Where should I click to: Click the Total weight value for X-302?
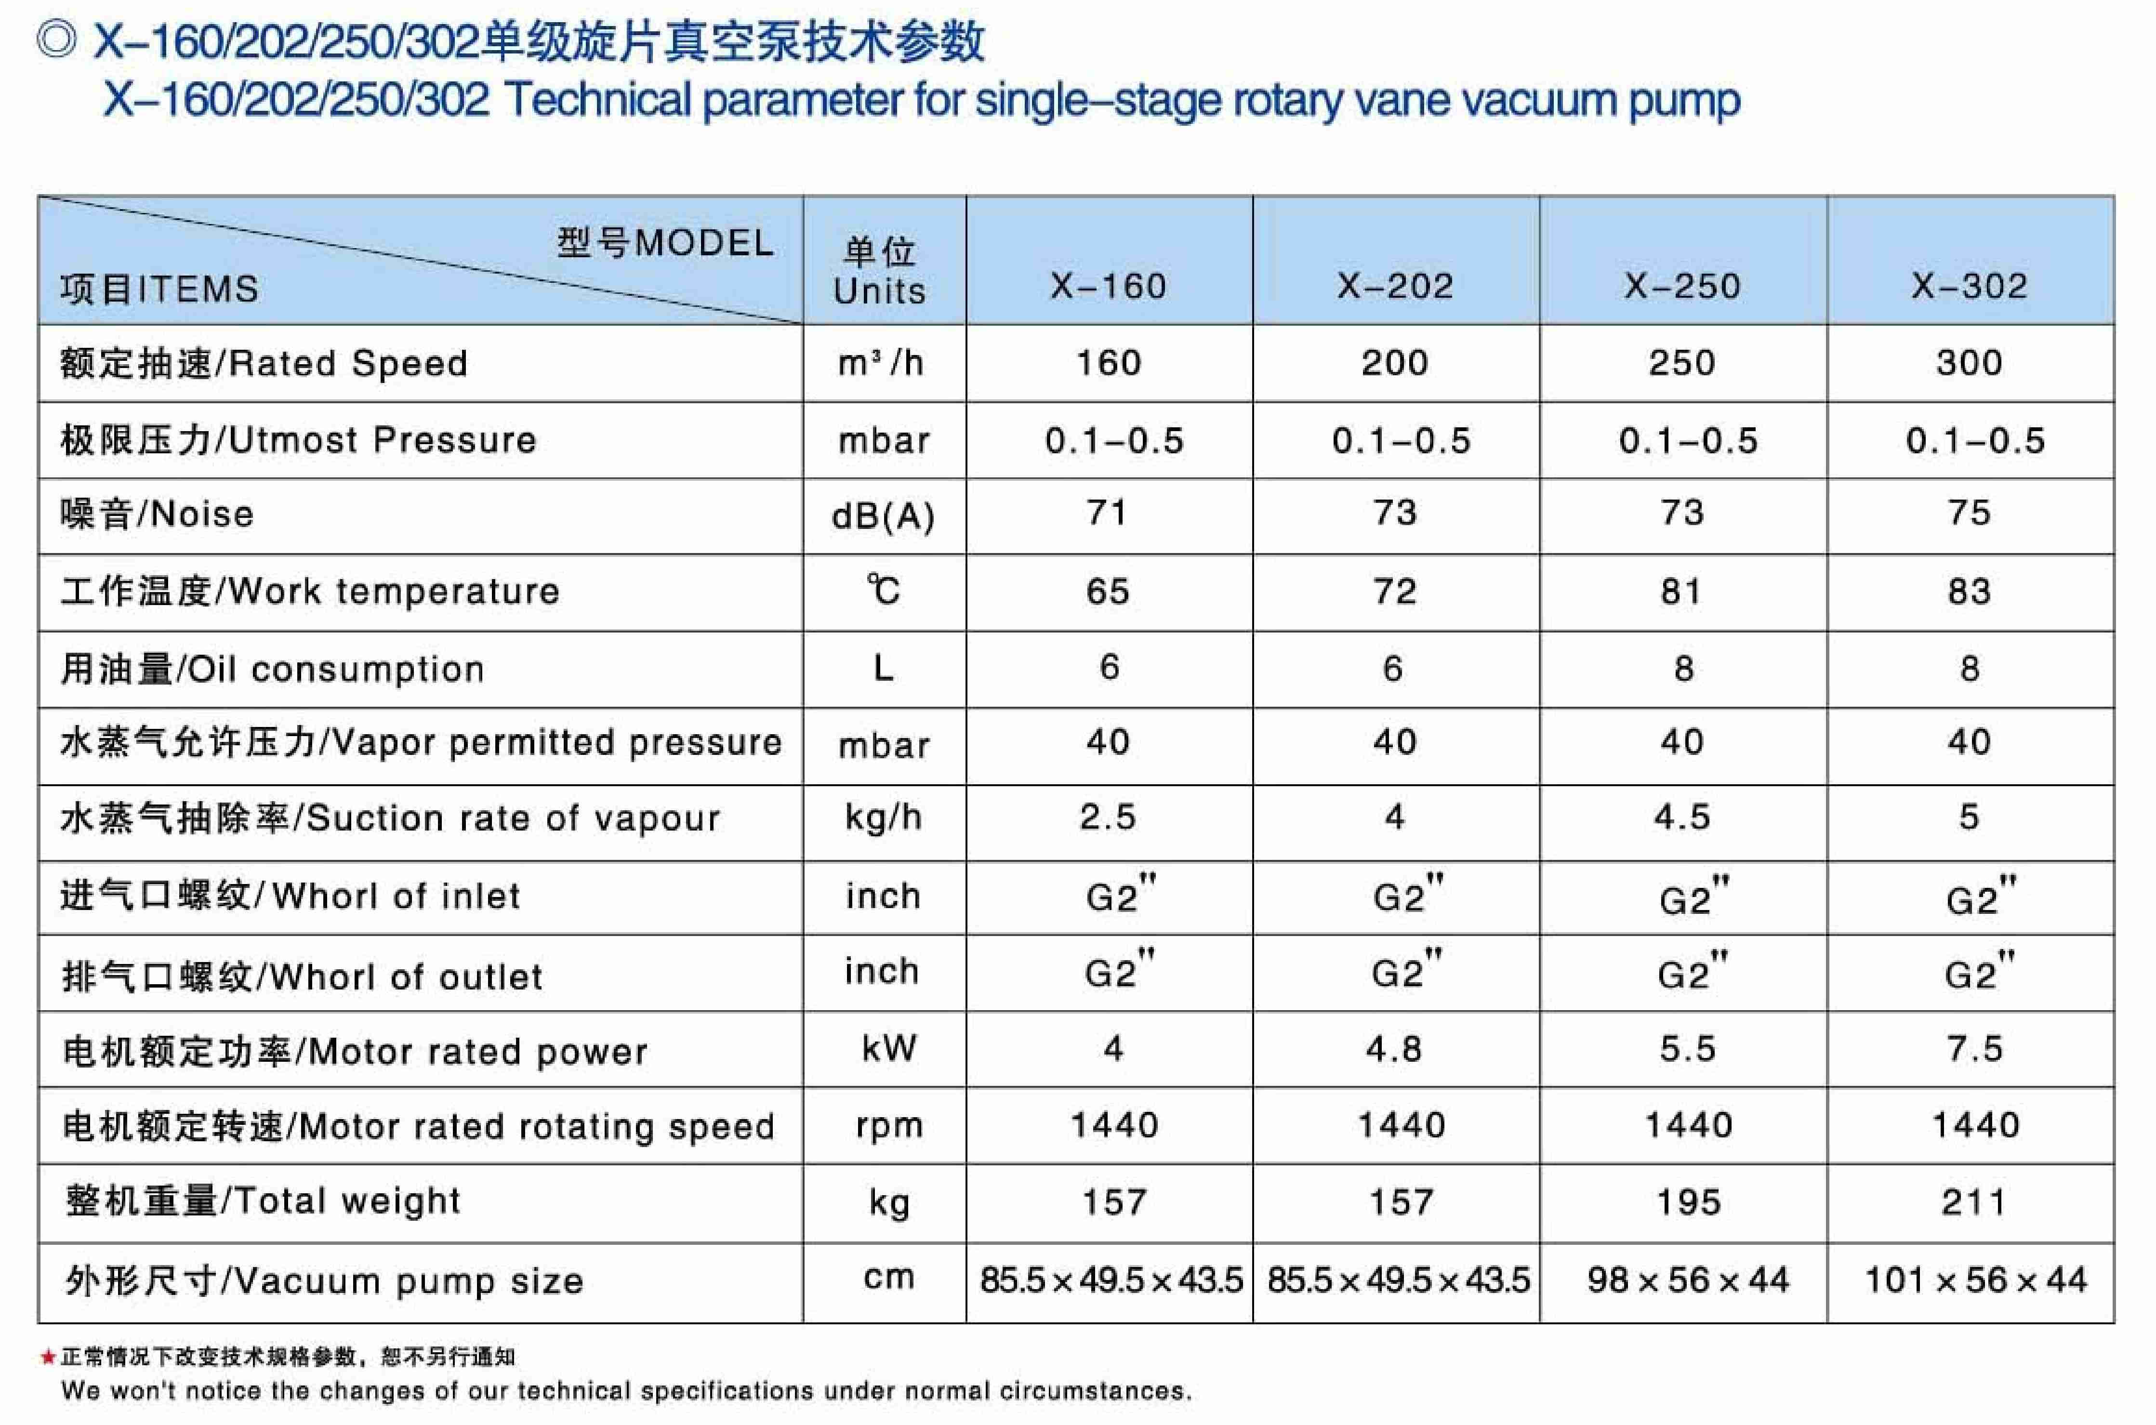(1972, 1202)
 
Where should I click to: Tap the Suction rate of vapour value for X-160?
(1107, 817)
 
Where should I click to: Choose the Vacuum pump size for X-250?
(1687, 1280)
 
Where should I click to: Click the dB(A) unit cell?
(883, 516)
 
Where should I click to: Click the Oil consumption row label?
(273, 669)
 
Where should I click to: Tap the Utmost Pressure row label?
(298, 440)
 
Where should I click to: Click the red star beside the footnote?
(48, 1358)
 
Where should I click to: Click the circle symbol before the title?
(56, 40)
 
